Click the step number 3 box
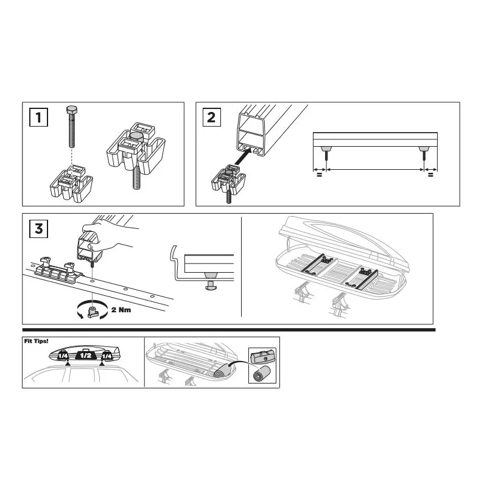(x=38, y=229)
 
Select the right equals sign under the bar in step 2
(x=430, y=175)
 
